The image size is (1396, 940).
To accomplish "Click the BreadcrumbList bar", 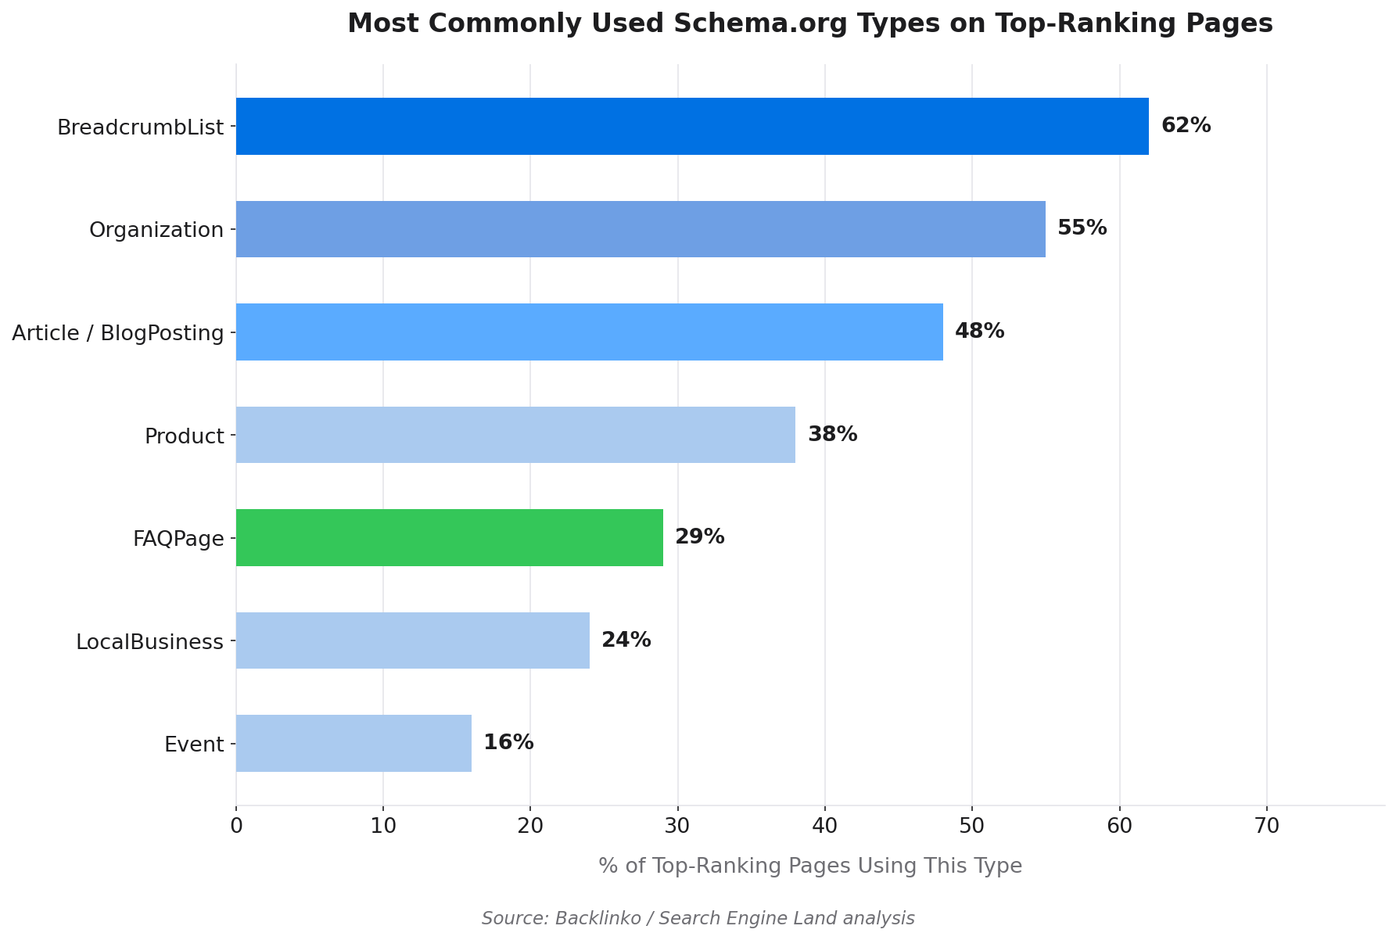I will [692, 127].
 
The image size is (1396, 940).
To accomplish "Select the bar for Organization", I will [641, 229].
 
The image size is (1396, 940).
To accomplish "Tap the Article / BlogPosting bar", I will [589, 332].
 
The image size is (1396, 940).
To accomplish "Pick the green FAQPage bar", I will [449, 538].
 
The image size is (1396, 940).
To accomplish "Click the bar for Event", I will [353, 744].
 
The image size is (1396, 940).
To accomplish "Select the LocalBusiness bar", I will [412, 640].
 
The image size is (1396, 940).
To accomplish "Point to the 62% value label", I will [1186, 126].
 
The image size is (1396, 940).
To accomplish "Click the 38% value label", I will [832, 435].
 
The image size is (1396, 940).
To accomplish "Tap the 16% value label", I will [508, 743].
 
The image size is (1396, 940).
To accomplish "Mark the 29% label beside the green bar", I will [699, 537].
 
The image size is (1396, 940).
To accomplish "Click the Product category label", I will [185, 436].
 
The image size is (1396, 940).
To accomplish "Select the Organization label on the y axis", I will [156, 230].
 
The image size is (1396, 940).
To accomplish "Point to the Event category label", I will [194, 744].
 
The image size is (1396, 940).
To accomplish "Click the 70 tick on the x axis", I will [1266, 826].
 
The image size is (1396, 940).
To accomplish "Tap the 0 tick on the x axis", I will [236, 826].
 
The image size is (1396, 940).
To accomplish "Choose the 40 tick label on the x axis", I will [824, 826].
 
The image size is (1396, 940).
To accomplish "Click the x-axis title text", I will [809, 866].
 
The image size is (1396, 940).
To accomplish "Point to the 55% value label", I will [1082, 228].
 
